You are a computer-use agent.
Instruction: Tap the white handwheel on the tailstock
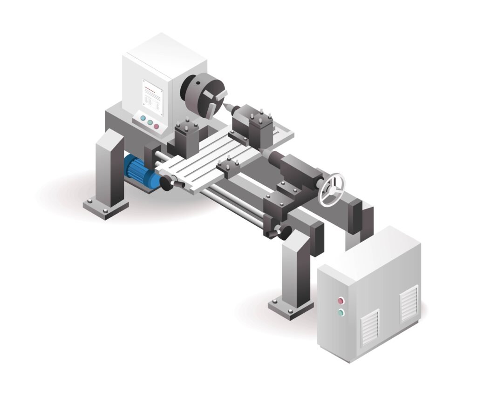[331, 190]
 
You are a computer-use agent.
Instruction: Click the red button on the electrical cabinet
[341, 300]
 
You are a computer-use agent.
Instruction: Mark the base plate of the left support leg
[106, 208]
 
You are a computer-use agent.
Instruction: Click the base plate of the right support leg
[291, 307]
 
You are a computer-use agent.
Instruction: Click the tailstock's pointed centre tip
[265, 152]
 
